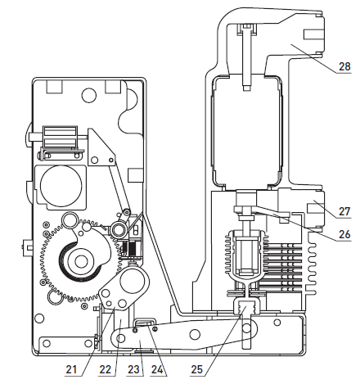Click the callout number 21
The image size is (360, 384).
point(71,369)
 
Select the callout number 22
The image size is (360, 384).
point(106,369)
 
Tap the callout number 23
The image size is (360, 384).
point(133,369)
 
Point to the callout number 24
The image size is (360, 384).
point(157,369)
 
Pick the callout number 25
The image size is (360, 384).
point(197,369)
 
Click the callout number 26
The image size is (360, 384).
point(344,234)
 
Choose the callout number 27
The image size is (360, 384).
point(344,211)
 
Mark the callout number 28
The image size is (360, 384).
point(344,66)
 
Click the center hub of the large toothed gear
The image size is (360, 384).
point(80,262)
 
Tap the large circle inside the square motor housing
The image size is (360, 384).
point(61,186)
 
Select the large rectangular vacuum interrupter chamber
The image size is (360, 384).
point(247,131)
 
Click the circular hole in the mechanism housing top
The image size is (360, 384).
point(89,95)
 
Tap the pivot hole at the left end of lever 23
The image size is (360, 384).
point(119,338)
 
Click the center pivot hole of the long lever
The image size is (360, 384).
point(196,334)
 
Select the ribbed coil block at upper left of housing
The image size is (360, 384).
point(61,137)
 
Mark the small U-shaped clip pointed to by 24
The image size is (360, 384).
point(146,323)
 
